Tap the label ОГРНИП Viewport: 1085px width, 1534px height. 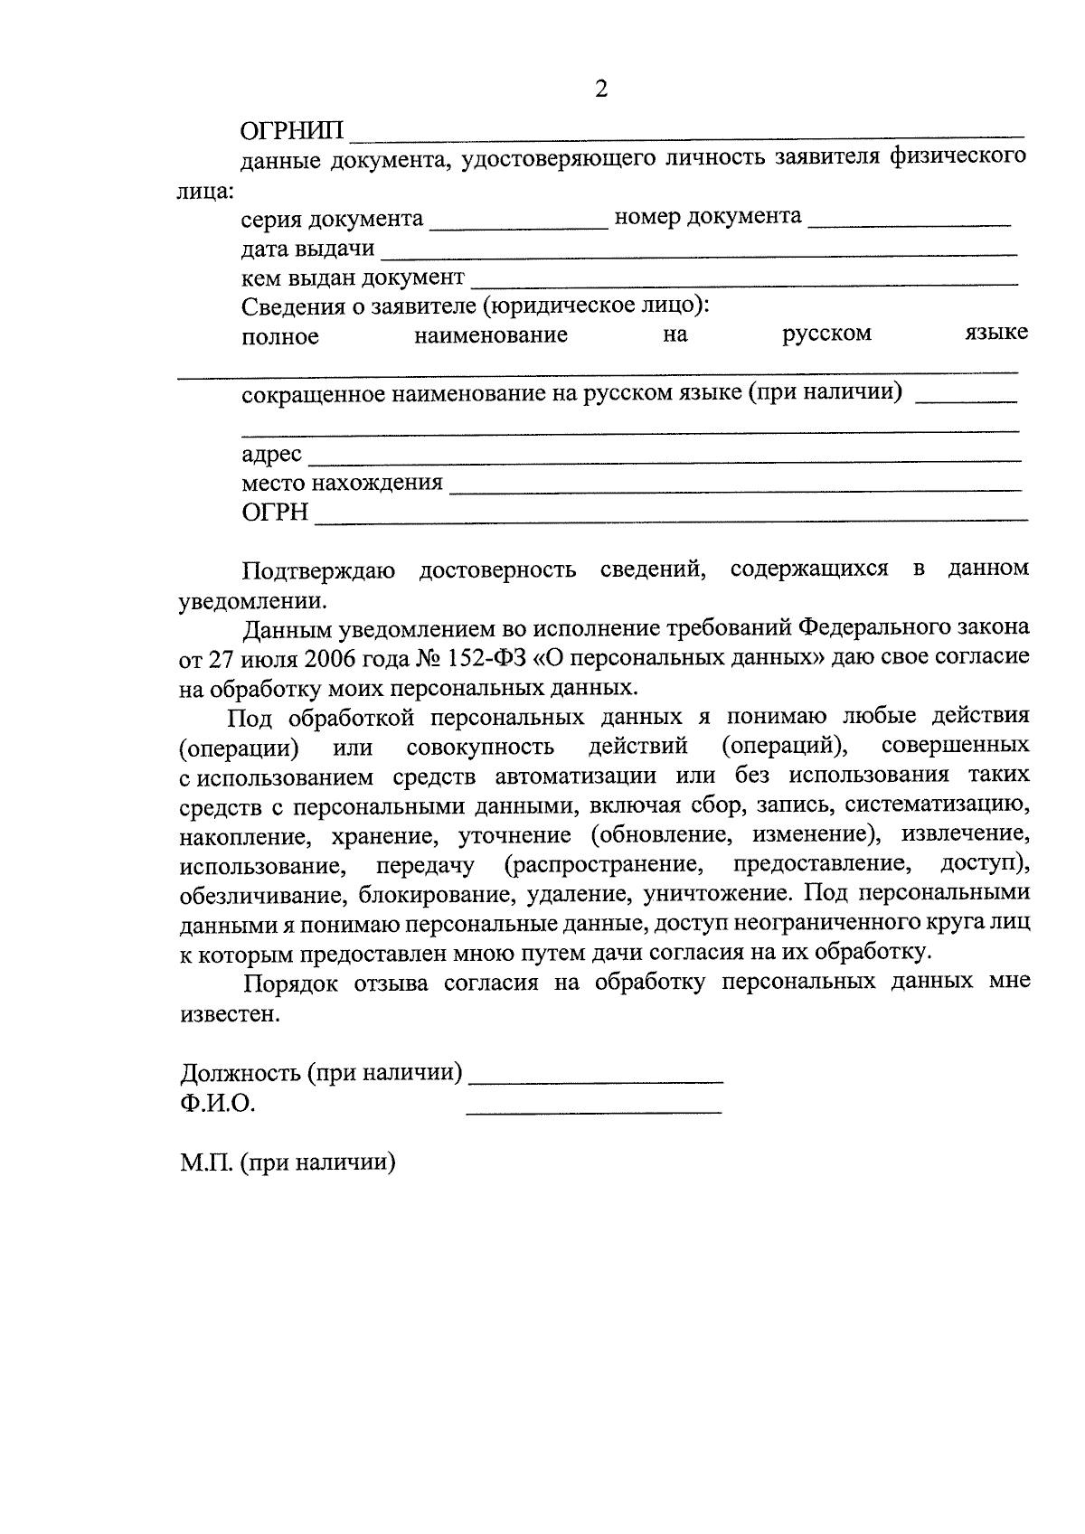coord(292,132)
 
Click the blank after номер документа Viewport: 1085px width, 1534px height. coord(909,222)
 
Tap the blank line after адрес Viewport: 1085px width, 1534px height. coord(665,459)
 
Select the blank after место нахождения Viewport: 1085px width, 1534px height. coord(735,489)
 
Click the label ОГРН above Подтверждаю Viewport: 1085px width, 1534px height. coord(275,513)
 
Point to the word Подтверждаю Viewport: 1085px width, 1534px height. coord(317,570)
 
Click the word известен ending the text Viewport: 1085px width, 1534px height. coord(230,1014)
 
